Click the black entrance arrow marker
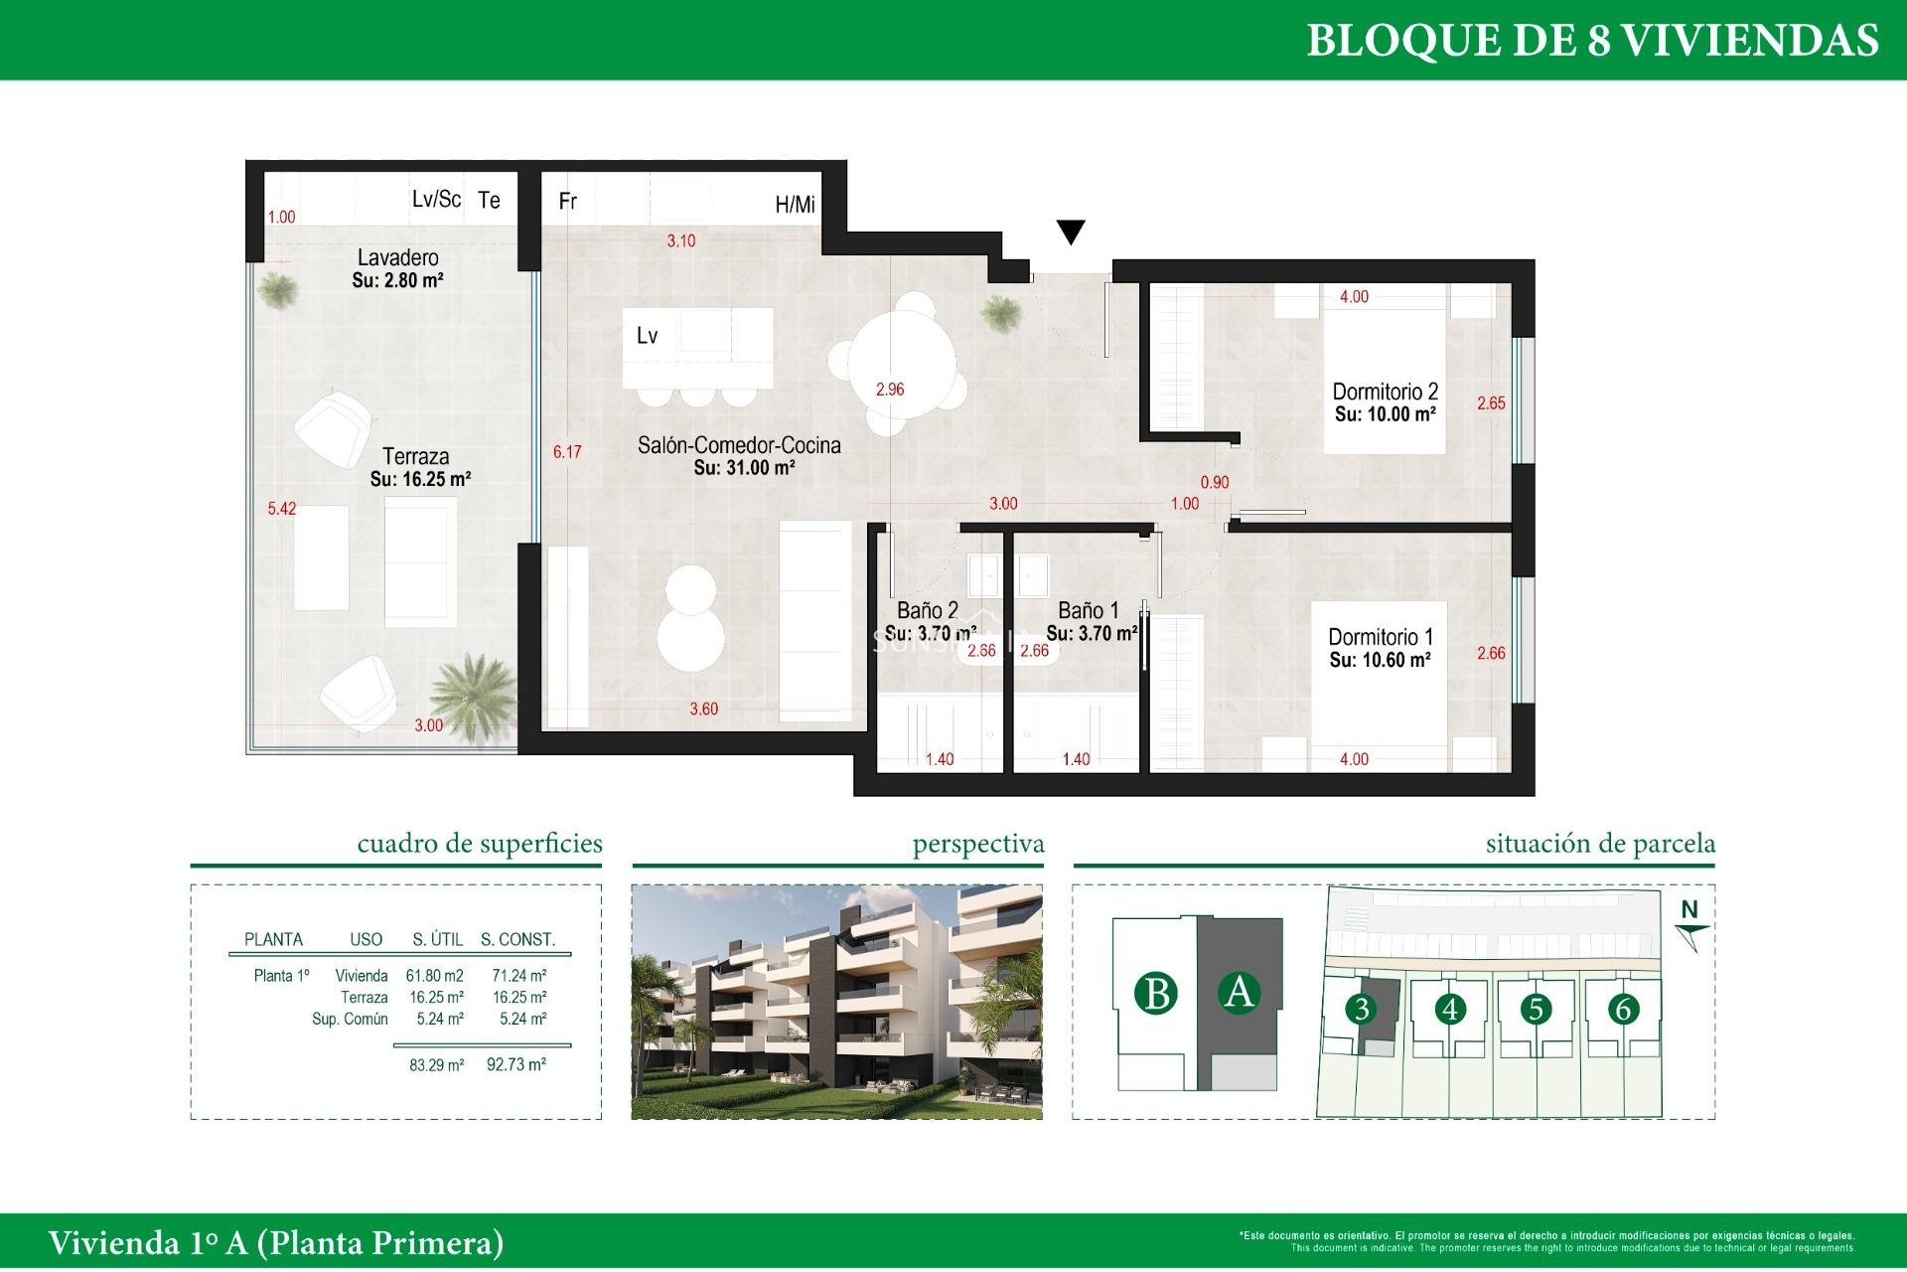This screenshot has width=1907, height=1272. click(x=1070, y=232)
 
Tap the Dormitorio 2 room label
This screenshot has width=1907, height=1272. click(x=1385, y=392)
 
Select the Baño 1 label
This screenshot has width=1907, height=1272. click(x=1088, y=610)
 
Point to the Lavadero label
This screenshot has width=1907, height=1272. click(x=397, y=257)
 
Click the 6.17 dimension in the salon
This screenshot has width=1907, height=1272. click(x=567, y=452)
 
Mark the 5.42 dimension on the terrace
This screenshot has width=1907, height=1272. click(x=281, y=509)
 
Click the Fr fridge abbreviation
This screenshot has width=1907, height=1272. click(x=567, y=202)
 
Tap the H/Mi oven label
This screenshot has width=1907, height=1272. click(x=795, y=205)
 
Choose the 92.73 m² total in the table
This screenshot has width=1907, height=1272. click(x=515, y=1064)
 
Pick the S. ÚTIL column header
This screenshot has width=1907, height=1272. click(x=437, y=939)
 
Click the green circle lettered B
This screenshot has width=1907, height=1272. click(x=1156, y=994)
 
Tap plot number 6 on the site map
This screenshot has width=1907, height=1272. click(x=1623, y=1010)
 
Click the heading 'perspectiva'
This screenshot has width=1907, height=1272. click(x=977, y=844)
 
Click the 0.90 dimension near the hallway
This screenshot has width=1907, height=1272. click(x=1214, y=482)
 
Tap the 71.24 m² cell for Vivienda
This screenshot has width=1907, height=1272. click(x=518, y=976)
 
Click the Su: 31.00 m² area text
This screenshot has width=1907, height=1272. click(x=743, y=468)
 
